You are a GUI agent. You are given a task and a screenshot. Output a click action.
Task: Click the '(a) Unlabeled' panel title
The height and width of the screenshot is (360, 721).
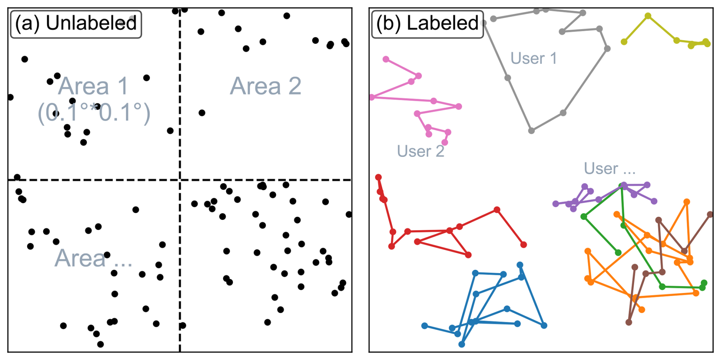pos(76,24)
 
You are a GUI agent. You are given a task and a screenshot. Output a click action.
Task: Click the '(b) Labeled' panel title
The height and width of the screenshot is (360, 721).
pos(427,24)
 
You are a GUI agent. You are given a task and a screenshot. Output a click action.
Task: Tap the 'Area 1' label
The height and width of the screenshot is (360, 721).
pos(94,86)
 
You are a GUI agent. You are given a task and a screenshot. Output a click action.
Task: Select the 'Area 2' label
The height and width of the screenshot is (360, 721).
pos(266,86)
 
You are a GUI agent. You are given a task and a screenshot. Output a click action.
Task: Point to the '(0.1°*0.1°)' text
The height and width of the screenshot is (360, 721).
pos(94,113)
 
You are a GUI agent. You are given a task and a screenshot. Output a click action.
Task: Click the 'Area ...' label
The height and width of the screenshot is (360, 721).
pos(93,258)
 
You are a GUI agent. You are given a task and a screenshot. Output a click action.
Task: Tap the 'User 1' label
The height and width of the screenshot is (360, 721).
pos(534,59)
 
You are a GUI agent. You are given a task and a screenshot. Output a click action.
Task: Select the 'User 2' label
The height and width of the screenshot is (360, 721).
pos(420,151)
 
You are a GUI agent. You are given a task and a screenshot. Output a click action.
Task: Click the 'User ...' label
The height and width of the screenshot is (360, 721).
pos(609,168)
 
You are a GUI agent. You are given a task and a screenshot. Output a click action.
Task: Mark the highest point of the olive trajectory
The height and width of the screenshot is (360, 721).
pos(648,16)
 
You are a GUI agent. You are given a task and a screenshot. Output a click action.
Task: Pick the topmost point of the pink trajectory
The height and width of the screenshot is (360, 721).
pos(386,59)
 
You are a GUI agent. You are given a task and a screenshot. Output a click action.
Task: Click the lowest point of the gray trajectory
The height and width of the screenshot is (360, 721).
pos(531,131)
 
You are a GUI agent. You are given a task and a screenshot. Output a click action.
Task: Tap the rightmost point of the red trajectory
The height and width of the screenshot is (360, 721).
pos(524,245)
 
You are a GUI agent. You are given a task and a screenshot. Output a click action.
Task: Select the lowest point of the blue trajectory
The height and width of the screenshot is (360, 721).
pos(461,344)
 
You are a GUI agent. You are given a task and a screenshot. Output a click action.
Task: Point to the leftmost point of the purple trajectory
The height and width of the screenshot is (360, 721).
pos(556,204)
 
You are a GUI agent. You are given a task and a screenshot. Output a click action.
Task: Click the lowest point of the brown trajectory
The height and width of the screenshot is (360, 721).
pos(629,322)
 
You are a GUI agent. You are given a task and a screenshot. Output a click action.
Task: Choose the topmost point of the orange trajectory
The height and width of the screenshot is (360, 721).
pos(686,202)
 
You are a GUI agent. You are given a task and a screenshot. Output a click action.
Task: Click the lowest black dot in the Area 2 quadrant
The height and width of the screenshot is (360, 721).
pos(202,113)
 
